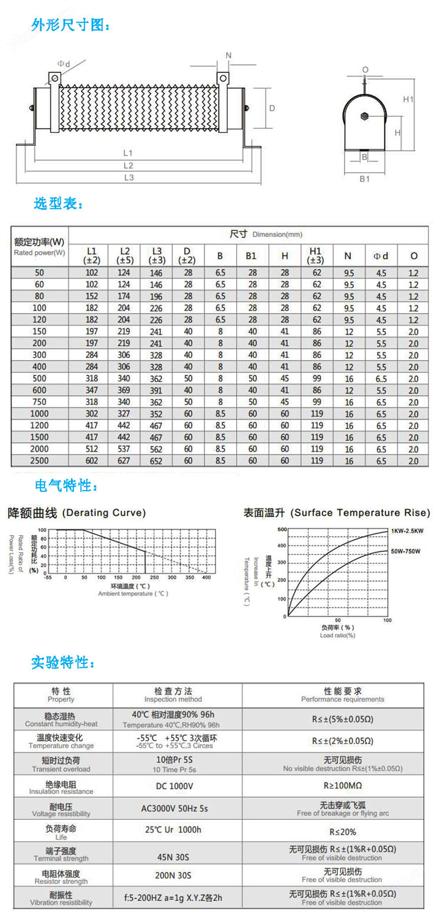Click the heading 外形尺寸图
[70, 26]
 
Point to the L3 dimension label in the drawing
[129, 178]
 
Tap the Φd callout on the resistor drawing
[64, 64]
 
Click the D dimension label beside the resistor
[272, 108]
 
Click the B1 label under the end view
[364, 178]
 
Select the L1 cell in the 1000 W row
[91, 414]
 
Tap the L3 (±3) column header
[157, 255]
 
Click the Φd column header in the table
[381, 255]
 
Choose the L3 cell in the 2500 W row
[157, 461]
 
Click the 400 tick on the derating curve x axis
[206, 578]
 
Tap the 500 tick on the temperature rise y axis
[282, 528]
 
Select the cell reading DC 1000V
[174, 786]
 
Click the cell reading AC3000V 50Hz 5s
[174, 808]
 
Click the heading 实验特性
[63, 662]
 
